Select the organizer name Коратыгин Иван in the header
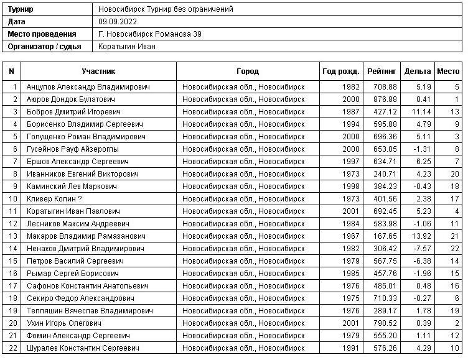click(127, 47)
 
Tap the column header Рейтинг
click(381, 72)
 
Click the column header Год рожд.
click(340, 72)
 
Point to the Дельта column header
click(417, 72)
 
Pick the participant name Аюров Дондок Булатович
click(70, 99)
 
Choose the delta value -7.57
click(421, 249)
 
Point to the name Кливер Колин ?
click(54, 199)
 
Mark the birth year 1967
click(351, 236)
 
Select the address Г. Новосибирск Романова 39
click(150, 34)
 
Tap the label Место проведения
click(42, 34)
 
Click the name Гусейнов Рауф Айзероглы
click(72, 149)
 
